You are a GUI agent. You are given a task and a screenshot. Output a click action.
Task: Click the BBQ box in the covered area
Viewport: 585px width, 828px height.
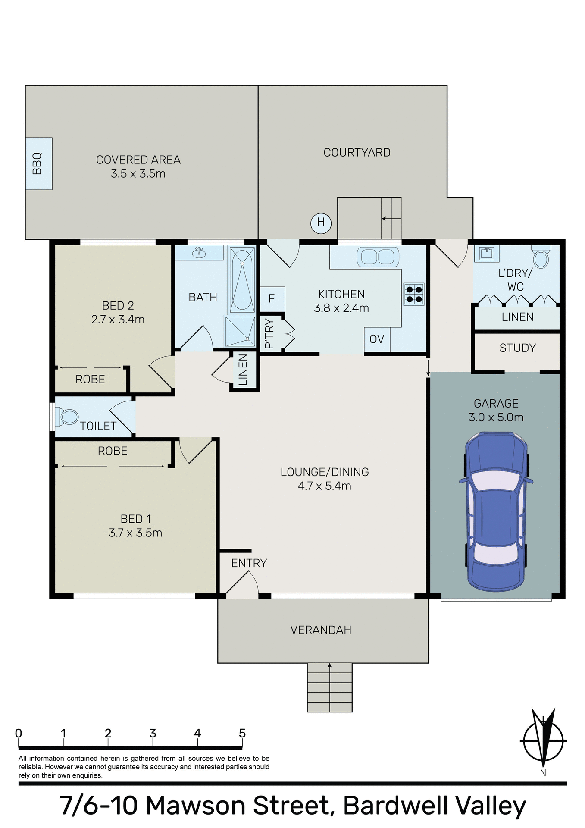[x=38, y=163]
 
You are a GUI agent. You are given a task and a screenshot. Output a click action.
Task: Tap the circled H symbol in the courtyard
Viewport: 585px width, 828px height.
[x=321, y=223]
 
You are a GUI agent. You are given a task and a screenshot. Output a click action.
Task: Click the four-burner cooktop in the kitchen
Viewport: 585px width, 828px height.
[x=414, y=294]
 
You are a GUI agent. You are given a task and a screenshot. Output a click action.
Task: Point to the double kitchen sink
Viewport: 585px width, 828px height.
[x=378, y=257]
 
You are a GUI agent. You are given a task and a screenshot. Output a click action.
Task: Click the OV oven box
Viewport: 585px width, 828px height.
[x=377, y=339]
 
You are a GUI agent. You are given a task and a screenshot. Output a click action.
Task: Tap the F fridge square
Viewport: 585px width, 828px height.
[x=272, y=298]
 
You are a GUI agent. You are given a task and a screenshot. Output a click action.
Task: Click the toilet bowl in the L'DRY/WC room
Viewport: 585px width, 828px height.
[x=541, y=259]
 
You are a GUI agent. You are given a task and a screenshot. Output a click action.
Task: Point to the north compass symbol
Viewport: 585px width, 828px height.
[x=543, y=742]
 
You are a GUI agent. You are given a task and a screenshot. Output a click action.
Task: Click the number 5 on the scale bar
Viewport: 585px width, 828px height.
[x=242, y=734]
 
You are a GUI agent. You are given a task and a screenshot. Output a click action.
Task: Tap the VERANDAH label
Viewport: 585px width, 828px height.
[x=321, y=630]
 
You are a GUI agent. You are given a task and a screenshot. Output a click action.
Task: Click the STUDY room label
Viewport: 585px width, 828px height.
[x=517, y=348]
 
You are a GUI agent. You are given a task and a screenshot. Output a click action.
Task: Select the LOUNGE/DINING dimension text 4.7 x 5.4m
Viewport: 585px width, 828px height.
[x=324, y=486]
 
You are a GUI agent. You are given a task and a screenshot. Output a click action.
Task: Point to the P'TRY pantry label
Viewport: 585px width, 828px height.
[x=269, y=333]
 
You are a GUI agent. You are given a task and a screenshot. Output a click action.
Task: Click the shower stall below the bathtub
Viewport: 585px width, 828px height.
[x=240, y=331]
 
